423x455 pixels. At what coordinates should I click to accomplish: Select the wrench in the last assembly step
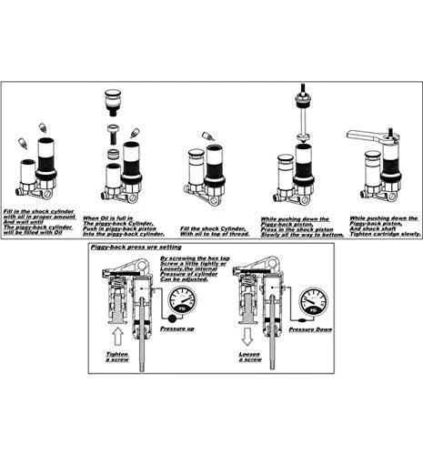(x=373, y=136)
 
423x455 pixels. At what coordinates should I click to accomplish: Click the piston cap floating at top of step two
(x=114, y=95)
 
